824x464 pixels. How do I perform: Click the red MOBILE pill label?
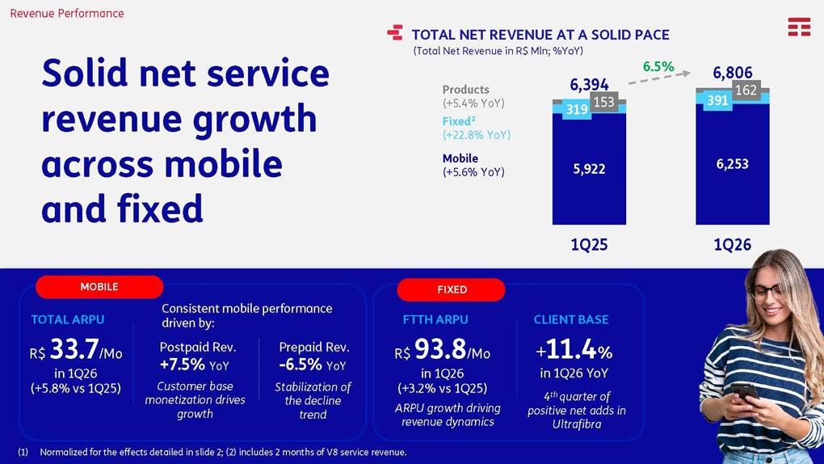[x=99, y=287]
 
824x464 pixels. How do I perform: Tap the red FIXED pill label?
[x=452, y=289]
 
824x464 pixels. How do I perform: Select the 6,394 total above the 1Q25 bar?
[x=589, y=84]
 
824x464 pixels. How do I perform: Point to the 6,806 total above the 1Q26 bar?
[x=733, y=73]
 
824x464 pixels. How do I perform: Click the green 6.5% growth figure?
[x=658, y=66]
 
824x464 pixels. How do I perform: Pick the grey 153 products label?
[x=603, y=102]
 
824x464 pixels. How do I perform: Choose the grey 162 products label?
[x=746, y=90]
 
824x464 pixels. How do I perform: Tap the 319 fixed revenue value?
[x=577, y=109]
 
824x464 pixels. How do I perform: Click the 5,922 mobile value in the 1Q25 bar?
[x=589, y=169]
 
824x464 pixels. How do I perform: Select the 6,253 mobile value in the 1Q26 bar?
[x=732, y=164]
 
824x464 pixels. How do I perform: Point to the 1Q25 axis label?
[x=589, y=245]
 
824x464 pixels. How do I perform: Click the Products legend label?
[x=465, y=90]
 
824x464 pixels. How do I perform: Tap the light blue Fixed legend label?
[x=459, y=121]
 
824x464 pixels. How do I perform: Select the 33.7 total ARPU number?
[x=74, y=348]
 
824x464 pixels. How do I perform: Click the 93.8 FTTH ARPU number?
[x=439, y=348]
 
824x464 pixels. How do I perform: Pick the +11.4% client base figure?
[x=574, y=348]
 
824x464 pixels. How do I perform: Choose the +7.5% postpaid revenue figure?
[x=183, y=364]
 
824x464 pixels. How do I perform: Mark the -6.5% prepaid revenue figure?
[x=300, y=364]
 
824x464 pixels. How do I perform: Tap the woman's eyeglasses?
[x=767, y=291]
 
